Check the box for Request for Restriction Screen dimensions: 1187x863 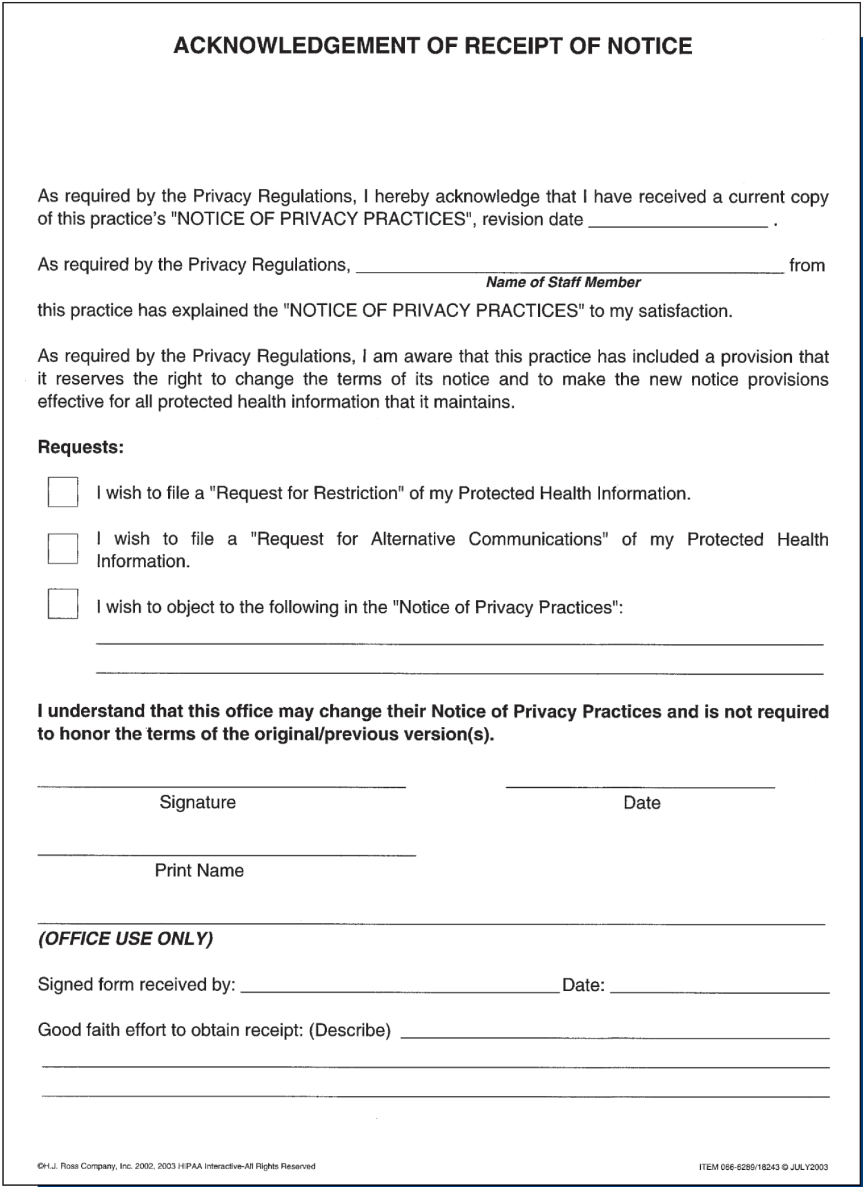(x=63, y=492)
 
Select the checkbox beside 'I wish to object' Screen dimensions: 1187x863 (x=63, y=604)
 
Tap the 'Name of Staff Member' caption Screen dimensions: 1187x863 (x=563, y=283)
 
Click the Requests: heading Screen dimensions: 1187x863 (x=80, y=447)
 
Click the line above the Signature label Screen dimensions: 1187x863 (x=221, y=785)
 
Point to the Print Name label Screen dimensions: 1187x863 (x=199, y=870)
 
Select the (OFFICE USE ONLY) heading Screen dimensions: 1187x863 (x=125, y=939)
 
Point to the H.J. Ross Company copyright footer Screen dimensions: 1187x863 (x=176, y=1166)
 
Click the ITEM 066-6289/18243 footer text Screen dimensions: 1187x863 (x=763, y=1167)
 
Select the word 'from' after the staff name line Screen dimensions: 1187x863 (x=807, y=265)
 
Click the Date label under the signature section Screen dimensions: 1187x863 (x=642, y=803)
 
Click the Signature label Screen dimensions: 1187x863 (x=198, y=802)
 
